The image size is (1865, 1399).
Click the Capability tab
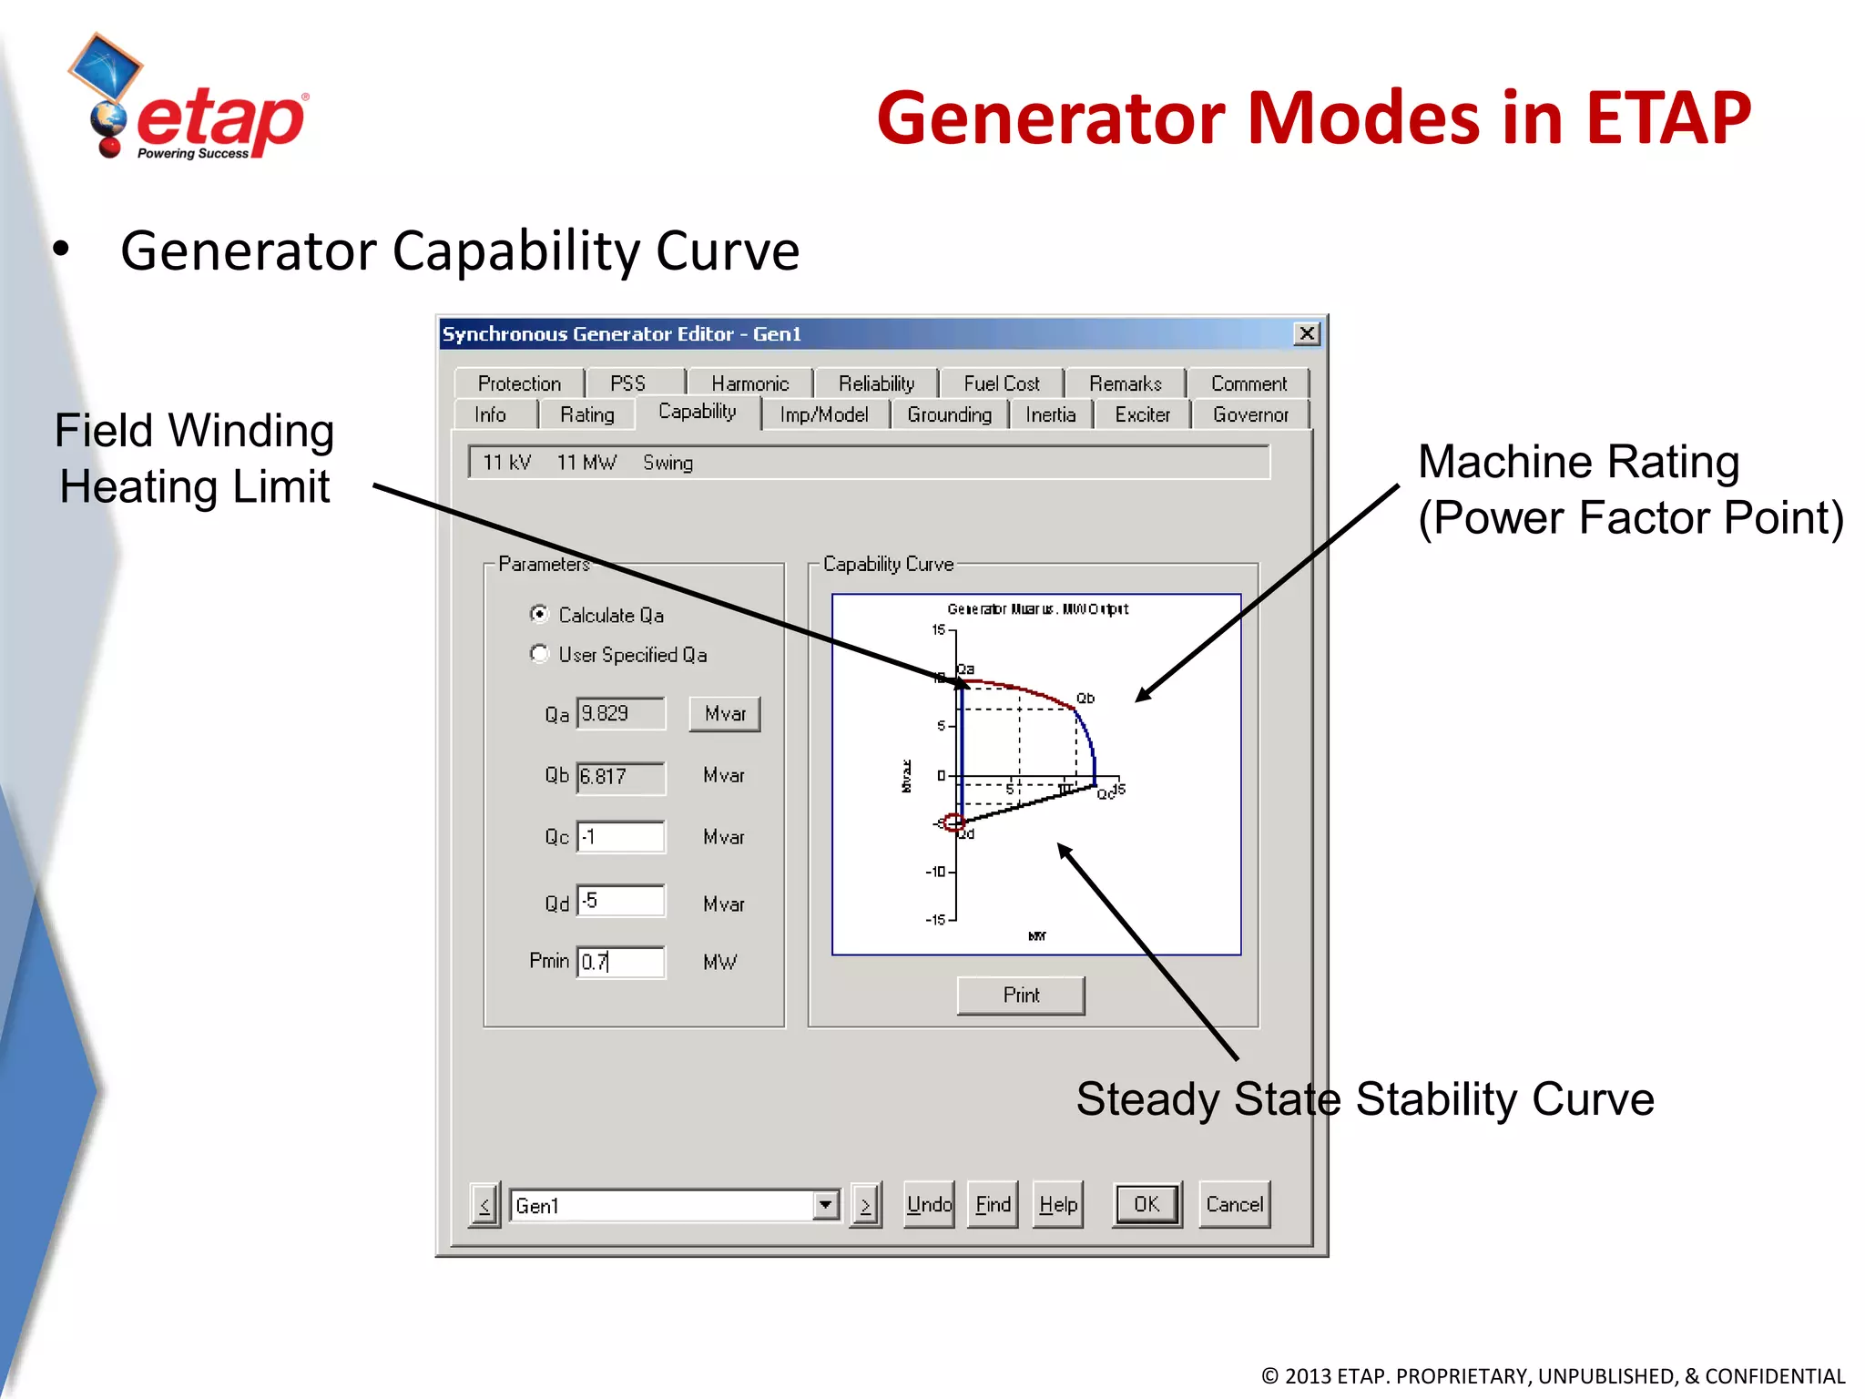697,412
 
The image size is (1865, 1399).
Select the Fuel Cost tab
1001,383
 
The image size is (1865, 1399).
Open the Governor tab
1249,415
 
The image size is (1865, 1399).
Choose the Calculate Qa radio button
539,615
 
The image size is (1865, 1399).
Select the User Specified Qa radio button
539,654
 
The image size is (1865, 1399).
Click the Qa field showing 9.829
621,713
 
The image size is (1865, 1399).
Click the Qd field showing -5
621,902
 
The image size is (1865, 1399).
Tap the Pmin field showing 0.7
621,962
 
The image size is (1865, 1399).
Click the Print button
1020,996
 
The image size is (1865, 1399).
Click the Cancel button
1234,1205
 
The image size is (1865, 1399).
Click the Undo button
929,1205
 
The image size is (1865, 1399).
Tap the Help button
1057,1205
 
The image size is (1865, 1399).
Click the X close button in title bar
1307,333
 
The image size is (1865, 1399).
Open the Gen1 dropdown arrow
825,1205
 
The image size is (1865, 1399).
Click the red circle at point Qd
953,823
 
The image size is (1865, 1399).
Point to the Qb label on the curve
1085,699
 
